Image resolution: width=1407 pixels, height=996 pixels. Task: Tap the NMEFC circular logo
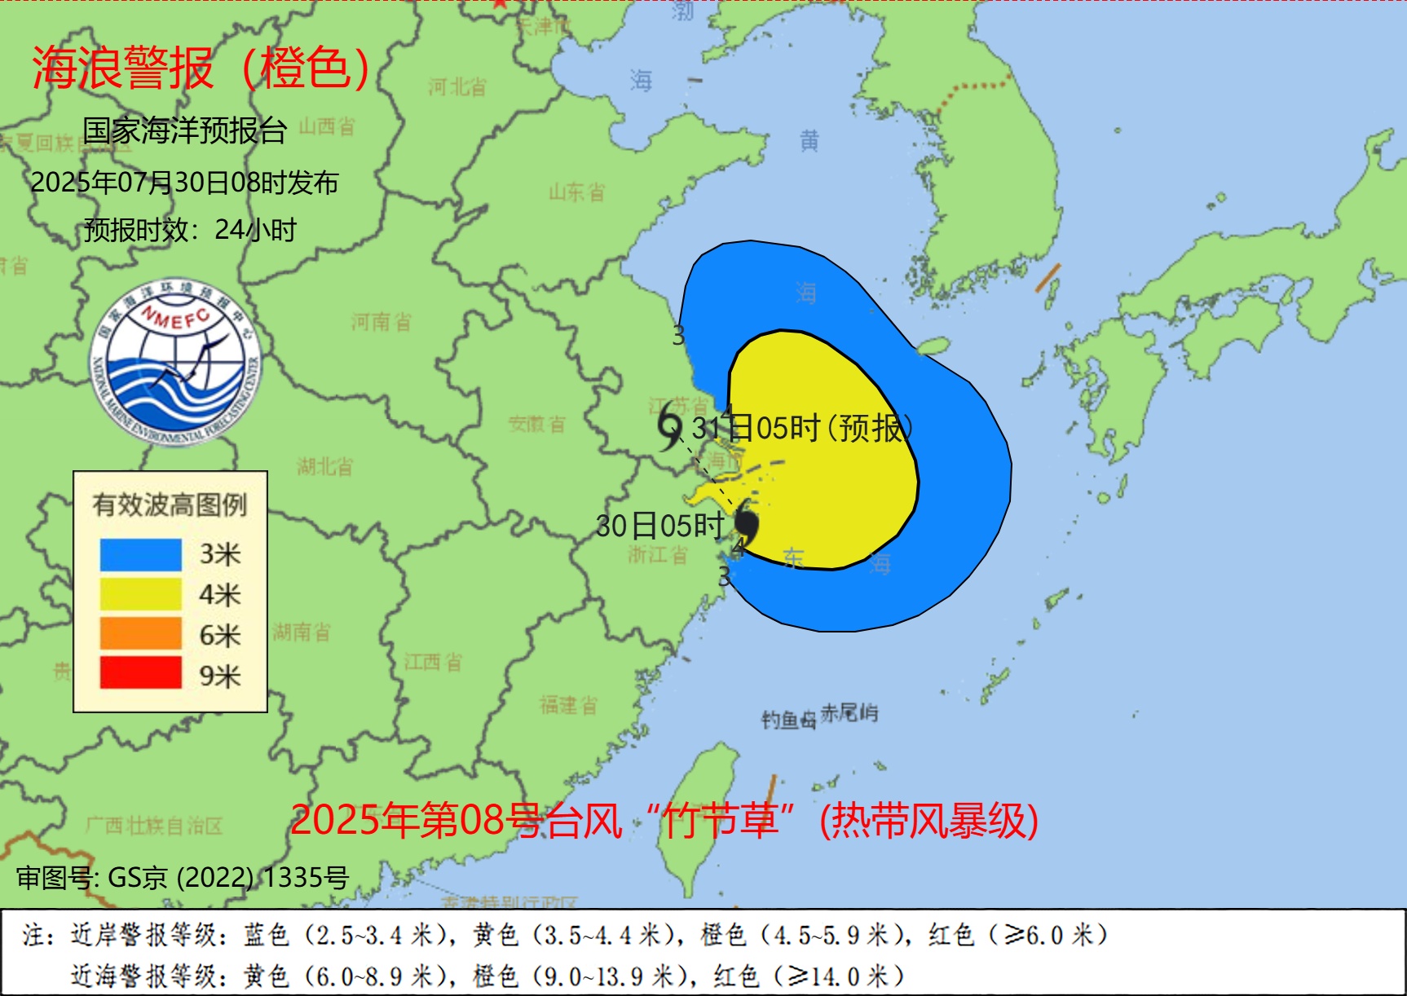pyautogui.click(x=175, y=362)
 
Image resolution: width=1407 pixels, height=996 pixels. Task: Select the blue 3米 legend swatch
pyautogui.click(x=140, y=555)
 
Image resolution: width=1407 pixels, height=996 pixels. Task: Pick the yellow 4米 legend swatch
pyautogui.click(x=140, y=594)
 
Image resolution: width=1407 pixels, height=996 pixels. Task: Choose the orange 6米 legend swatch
pyautogui.click(x=140, y=634)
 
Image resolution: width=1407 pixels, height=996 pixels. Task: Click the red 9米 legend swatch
pyautogui.click(x=140, y=674)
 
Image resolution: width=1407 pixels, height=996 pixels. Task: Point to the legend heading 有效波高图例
pyautogui.click(x=170, y=505)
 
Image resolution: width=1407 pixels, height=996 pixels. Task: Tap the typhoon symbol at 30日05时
pyautogui.click(x=746, y=524)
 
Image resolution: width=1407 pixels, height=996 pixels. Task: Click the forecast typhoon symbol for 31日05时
pyautogui.click(x=670, y=425)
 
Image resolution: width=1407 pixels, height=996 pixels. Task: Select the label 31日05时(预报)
pyautogui.click(x=802, y=428)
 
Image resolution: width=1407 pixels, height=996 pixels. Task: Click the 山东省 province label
pyautogui.click(x=576, y=192)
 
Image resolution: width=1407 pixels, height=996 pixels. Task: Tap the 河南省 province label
pyautogui.click(x=381, y=322)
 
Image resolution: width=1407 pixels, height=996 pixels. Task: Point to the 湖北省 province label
pyautogui.click(x=324, y=466)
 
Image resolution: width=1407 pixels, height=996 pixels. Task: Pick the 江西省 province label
pyautogui.click(x=432, y=662)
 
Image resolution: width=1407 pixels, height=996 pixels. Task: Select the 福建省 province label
pyautogui.click(x=568, y=705)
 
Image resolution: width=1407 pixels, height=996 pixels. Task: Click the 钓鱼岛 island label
pyautogui.click(x=787, y=720)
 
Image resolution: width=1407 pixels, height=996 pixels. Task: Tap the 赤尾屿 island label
pyautogui.click(x=849, y=713)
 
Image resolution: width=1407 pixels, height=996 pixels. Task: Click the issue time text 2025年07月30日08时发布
pyautogui.click(x=184, y=183)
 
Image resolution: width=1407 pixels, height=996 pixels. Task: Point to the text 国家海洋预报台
pyautogui.click(x=184, y=130)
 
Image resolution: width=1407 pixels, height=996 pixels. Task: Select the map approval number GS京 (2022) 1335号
pyautogui.click(x=183, y=877)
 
